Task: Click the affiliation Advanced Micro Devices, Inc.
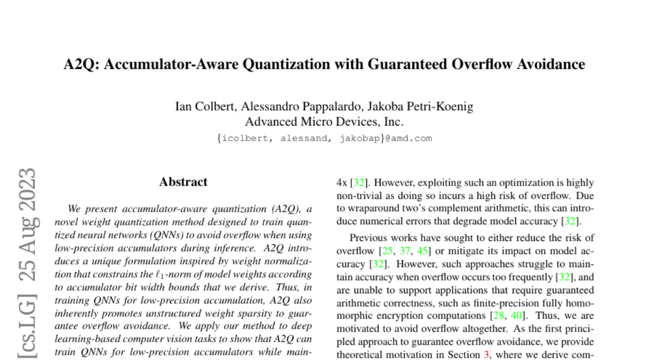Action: point(324,122)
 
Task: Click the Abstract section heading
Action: point(183,182)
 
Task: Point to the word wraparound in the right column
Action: point(367,208)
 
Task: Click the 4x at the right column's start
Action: point(342,182)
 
